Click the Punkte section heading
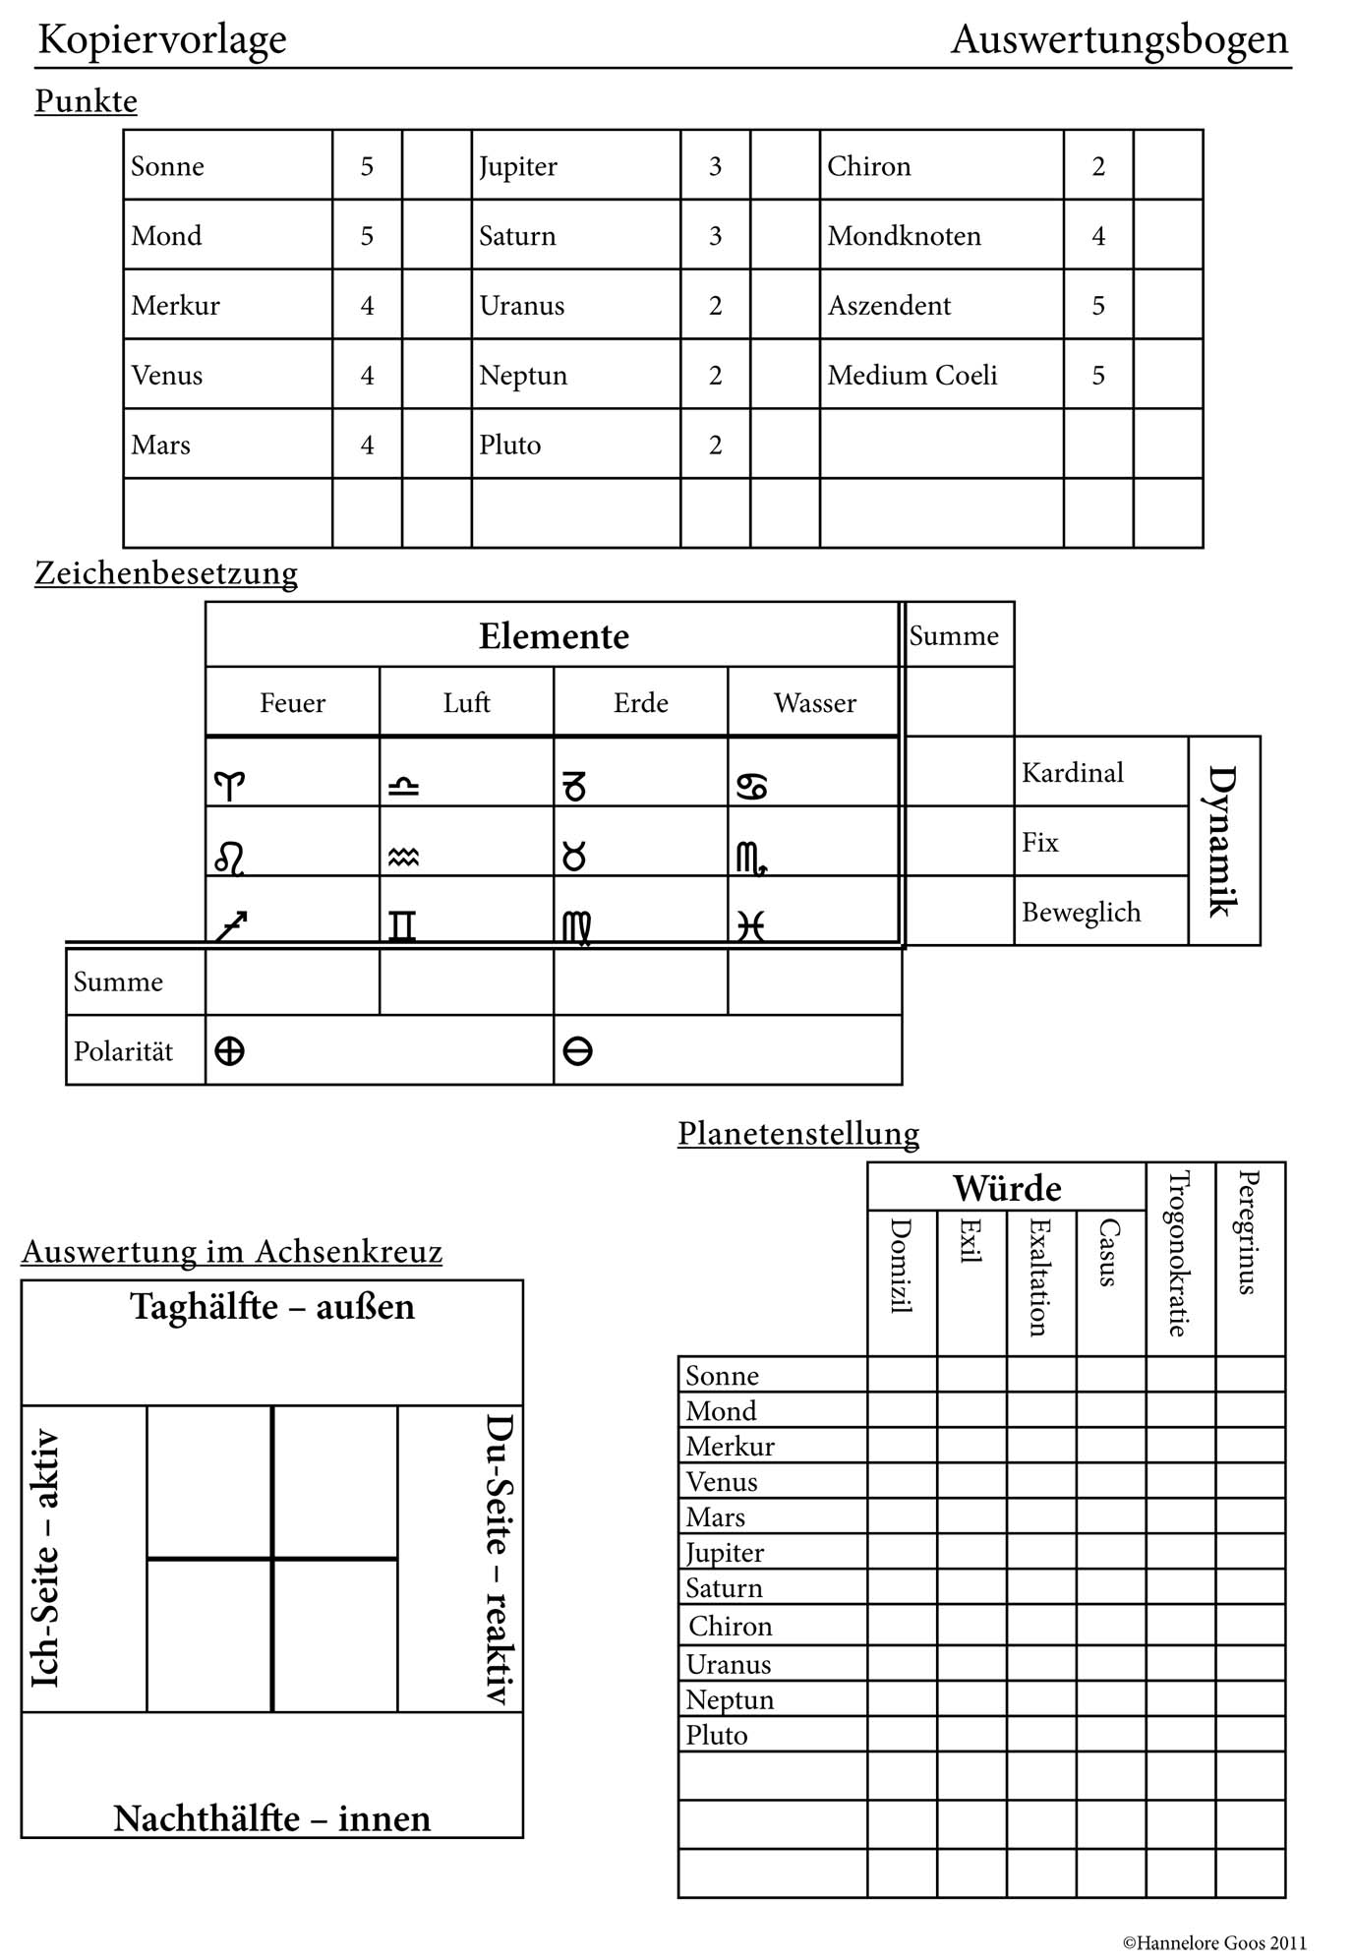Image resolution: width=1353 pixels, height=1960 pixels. click(86, 101)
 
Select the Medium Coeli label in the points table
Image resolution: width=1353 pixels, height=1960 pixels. click(912, 375)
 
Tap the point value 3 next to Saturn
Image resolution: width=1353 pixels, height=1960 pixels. click(715, 236)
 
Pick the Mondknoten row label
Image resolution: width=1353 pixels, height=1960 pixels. click(904, 236)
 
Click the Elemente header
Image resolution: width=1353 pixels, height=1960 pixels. click(554, 636)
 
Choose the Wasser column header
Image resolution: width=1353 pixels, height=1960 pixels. click(814, 703)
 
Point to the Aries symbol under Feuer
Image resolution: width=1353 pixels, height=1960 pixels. click(229, 786)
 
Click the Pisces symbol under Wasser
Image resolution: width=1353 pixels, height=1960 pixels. click(750, 925)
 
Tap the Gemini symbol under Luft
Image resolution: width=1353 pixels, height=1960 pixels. click(402, 925)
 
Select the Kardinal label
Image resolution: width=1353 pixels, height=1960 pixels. click(1072, 773)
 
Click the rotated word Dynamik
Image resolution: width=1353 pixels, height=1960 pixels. click(1222, 841)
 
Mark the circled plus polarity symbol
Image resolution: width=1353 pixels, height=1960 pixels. click(229, 1051)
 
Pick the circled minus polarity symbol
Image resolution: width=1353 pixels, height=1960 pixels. click(577, 1051)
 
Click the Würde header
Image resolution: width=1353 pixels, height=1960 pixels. click(1007, 1188)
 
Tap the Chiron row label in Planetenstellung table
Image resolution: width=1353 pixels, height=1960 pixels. click(730, 1627)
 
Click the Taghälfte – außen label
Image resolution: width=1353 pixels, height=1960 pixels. click(272, 1307)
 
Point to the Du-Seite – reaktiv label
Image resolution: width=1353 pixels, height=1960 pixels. click(500, 1559)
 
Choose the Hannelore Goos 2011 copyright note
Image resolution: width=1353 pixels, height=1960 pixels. click(1214, 1942)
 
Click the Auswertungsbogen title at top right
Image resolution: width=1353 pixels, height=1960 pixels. click(1119, 39)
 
